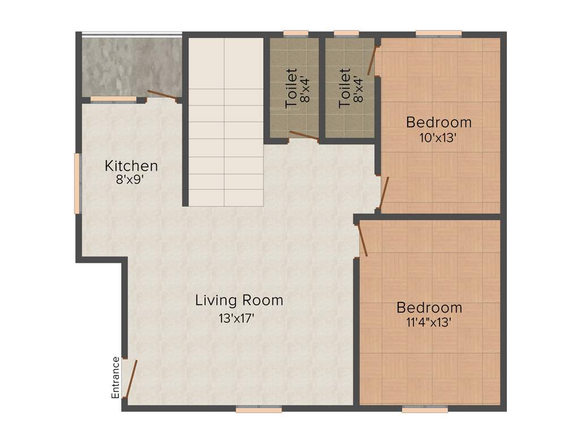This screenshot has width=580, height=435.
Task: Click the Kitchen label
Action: [x=131, y=166]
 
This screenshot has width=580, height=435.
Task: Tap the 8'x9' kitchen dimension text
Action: [x=131, y=180]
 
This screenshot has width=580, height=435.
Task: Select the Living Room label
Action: [x=239, y=300]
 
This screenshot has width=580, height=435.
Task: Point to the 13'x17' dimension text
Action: [x=239, y=318]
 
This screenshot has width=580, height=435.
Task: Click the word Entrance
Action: [x=116, y=377]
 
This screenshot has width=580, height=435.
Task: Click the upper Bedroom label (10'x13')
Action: [x=439, y=122]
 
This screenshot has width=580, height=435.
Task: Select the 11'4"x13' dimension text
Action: [x=429, y=323]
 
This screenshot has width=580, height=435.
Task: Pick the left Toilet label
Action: [x=291, y=88]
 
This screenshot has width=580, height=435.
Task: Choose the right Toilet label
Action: [x=344, y=88]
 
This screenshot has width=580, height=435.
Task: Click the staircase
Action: [x=225, y=122]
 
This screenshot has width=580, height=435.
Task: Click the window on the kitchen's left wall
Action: [x=78, y=184]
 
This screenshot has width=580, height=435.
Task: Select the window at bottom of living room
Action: [x=258, y=409]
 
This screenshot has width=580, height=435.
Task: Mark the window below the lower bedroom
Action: [x=425, y=409]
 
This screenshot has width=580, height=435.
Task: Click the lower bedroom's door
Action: [x=363, y=239]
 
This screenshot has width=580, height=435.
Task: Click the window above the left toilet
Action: [x=296, y=33]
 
